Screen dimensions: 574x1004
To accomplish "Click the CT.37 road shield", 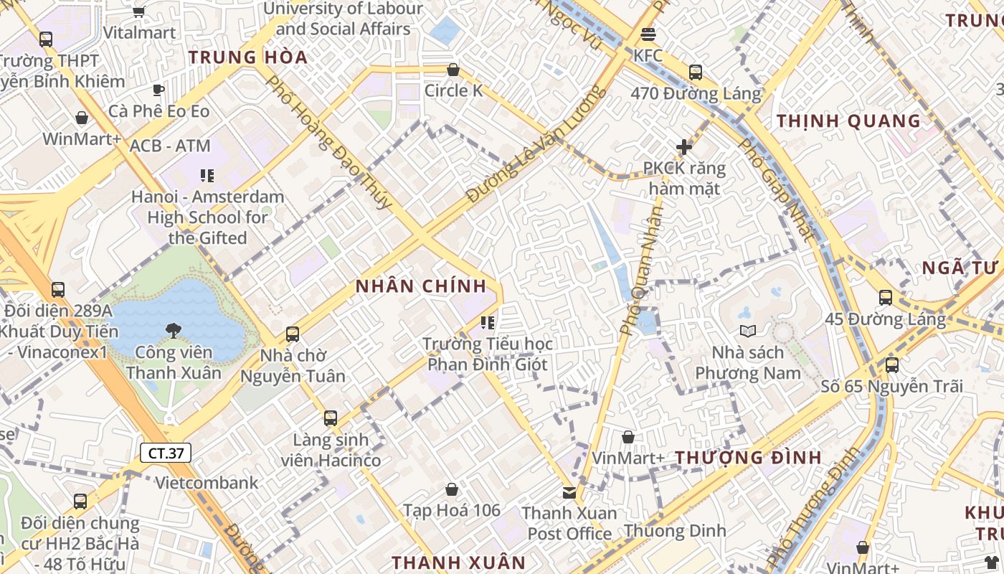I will click(165, 453).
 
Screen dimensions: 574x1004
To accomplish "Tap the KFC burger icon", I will click(648, 34).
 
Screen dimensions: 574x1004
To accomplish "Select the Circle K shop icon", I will click(453, 70).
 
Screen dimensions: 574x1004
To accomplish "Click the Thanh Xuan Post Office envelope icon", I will click(569, 492).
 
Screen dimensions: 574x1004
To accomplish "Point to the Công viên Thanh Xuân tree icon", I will click(173, 331).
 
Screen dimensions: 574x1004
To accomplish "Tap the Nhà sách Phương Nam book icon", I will click(747, 331).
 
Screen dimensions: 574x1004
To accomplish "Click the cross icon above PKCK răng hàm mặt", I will click(684, 147).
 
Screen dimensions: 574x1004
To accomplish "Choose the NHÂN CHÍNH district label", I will click(422, 286).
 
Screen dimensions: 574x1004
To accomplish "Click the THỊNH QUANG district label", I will click(849, 121).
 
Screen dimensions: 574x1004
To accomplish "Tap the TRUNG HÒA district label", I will click(248, 57).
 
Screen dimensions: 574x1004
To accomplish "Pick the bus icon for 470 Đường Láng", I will click(695, 72).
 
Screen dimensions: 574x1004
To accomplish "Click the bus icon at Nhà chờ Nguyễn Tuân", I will click(292, 334).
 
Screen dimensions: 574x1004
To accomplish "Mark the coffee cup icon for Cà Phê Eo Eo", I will click(158, 90).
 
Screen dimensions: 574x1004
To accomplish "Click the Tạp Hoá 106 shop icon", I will click(452, 489).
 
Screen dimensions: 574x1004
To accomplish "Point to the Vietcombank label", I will click(207, 482).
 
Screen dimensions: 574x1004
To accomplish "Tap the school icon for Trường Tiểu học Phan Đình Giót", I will click(488, 323).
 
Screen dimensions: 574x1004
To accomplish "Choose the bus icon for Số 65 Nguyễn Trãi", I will click(892, 364).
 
